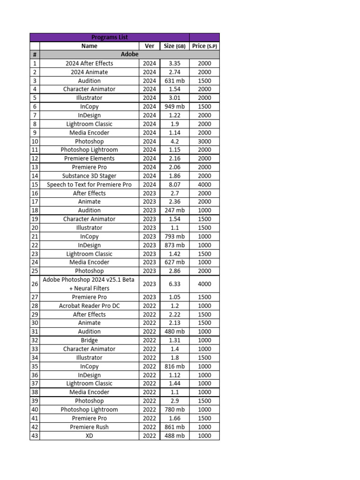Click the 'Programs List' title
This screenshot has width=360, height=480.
coord(109,37)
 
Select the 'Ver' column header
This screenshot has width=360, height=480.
coord(150,46)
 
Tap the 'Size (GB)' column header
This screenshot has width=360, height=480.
coord(174,46)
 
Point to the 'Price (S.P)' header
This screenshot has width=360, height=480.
coord(204,46)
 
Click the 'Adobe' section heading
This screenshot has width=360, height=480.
coord(130,54)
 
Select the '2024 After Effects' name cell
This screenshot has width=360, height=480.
coord(89,63)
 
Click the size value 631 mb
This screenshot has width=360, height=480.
coord(174,81)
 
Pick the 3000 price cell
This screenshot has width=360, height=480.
coord(204,141)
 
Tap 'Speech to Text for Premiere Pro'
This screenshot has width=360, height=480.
coord(89,185)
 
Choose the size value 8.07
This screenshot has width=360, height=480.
coord(174,185)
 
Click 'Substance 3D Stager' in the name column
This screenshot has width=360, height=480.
coord(89,176)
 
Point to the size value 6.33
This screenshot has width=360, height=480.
coord(174,284)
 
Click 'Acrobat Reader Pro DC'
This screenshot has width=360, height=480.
coord(89,306)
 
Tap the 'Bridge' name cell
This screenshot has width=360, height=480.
coord(89,340)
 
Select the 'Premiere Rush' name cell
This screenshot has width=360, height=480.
coord(89,427)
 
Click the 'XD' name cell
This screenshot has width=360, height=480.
coord(89,435)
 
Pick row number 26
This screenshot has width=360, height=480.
coord(35,284)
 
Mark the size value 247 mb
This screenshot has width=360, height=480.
coord(174,210)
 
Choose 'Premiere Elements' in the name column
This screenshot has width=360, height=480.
coord(89,158)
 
